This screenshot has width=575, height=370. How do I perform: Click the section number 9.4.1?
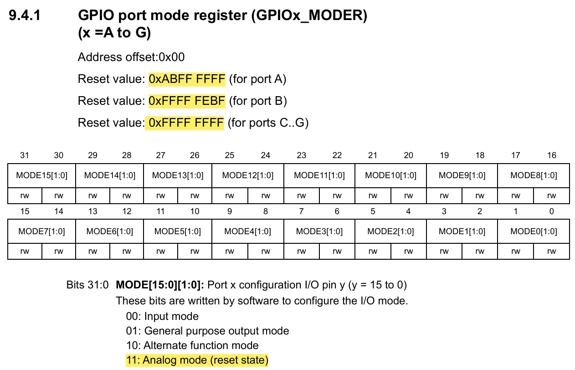pyautogui.click(x=25, y=15)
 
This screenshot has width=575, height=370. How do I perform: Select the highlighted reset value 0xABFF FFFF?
pyautogui.click(x=187, y=79)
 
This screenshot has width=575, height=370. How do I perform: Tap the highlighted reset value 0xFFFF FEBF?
pyautogui.click(x=187, y=101)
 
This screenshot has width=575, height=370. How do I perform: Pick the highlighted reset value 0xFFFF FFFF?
pyautogui.click(x=185, y=123)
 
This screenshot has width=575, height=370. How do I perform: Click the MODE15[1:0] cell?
pyautogui.click(x=41, y=175)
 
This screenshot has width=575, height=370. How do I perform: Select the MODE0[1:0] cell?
pyautogui.click(x=534, y=231)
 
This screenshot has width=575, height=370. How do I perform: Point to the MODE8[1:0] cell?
pyautogui.click(x=534, y=175)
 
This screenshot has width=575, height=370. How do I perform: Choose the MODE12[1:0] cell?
pyautogui.click(x=248, y=175)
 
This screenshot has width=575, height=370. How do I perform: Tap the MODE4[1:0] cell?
pyautogui.click(x=248, y=231)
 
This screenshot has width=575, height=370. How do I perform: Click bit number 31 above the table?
pyautogui.click(x=25, y=155)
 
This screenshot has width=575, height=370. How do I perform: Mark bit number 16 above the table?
pyautogui.click(x=552, y=155)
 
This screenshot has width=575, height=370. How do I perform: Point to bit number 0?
pyautogui.click(x=552, y=211)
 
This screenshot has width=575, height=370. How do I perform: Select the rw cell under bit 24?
pyautogui.click(x=266, y=195)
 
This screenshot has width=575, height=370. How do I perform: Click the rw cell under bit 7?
pyautogui.click(x=302, y=251)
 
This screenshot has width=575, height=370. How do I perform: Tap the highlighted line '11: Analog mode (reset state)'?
pyautogui.click(x=197, y=360)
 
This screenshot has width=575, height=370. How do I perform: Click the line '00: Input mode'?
pyautogui.click(x=162, y=316)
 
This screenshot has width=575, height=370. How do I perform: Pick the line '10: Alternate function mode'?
pyautogui.click(x=192, y=345)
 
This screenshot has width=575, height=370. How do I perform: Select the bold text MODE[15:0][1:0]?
pyautogui.click(x=160, y=285)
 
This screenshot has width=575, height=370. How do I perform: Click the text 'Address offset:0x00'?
pyautogui.click(x=131, y=57)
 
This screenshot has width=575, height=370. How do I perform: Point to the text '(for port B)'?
pyautogui.click(x=258, y=101)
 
